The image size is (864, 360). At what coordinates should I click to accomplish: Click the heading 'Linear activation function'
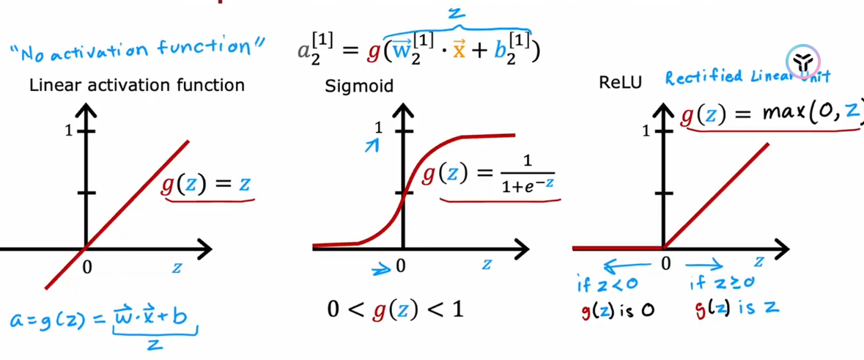[x=137, y=85]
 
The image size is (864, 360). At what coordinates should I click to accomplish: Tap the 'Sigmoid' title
[x=359, y=86]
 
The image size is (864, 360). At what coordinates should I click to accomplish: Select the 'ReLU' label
[x=620, y=81]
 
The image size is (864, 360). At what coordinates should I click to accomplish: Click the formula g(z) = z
[x=206, y=183]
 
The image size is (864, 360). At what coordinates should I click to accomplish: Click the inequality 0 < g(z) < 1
[x=396, y=309]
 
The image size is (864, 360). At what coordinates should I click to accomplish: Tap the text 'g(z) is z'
[x=736, y=309]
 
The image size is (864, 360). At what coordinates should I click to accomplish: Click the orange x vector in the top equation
[x=459, y=53]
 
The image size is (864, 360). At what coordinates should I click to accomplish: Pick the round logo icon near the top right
[x=804, y=62]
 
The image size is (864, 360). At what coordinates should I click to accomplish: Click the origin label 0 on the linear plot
[x=87, y=268]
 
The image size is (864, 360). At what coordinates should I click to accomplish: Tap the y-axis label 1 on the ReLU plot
[x=646, y=131]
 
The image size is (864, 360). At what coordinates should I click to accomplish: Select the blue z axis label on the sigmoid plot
[x=486, y=265]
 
